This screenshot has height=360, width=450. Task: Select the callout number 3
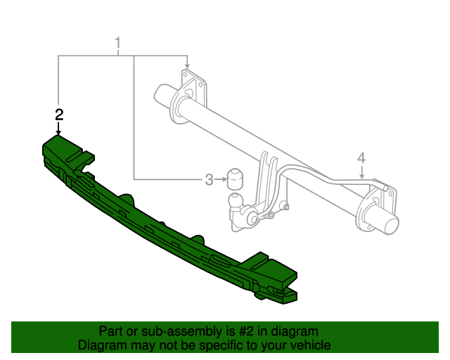(209, 180)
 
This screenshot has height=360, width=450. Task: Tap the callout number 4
(361, 157)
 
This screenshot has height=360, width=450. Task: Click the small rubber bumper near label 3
(233, 180)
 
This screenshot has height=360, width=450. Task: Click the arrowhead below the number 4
(361, 181)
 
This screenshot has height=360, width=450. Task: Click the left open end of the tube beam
(163, 97)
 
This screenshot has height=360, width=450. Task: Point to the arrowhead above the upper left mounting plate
(186, 65)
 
